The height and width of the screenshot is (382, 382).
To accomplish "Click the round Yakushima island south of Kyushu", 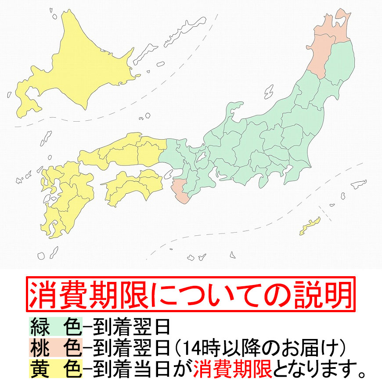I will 42,255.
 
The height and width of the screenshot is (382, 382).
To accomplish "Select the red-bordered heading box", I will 191,294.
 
